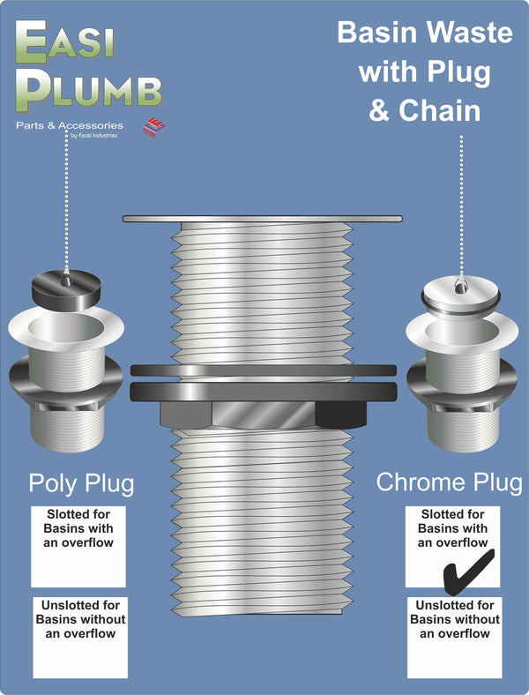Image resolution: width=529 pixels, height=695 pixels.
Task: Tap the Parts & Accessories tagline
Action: [70, 125]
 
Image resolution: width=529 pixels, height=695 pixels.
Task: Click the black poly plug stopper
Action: [66, 286]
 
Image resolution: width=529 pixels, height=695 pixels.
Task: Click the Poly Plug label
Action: [81, 483]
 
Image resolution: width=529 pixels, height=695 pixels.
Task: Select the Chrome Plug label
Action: [449, 482]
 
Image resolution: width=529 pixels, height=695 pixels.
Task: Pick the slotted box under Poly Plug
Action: [78, 546]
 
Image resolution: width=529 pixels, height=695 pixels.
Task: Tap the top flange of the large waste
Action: [264, 218]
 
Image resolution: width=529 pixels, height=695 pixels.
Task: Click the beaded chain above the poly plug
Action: [66, 203]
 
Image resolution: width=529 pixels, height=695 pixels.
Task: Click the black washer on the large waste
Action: [264, 390]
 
